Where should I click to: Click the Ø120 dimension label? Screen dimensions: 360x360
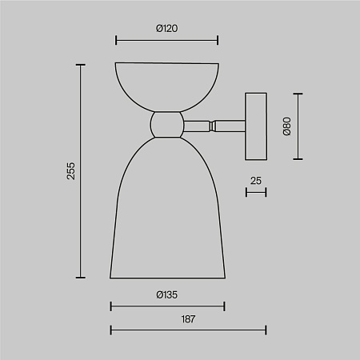(166, 28)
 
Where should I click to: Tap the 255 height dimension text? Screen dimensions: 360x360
(70, 171)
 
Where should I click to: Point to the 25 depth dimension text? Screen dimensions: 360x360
(256, 181)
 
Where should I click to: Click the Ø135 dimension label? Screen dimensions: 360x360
(166, 295)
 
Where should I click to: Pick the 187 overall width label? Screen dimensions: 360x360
(188, 318)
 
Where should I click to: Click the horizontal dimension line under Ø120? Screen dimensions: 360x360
(166, 39)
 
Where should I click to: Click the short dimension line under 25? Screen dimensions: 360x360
(256, 192)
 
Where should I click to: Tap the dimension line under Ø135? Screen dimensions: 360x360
(167, 306)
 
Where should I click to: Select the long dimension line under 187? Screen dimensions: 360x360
(188, 329)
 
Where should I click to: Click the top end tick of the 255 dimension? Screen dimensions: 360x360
(80, 65)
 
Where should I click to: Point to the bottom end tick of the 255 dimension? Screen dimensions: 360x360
(80, 277)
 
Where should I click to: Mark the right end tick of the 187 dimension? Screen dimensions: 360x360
(266, 329)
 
